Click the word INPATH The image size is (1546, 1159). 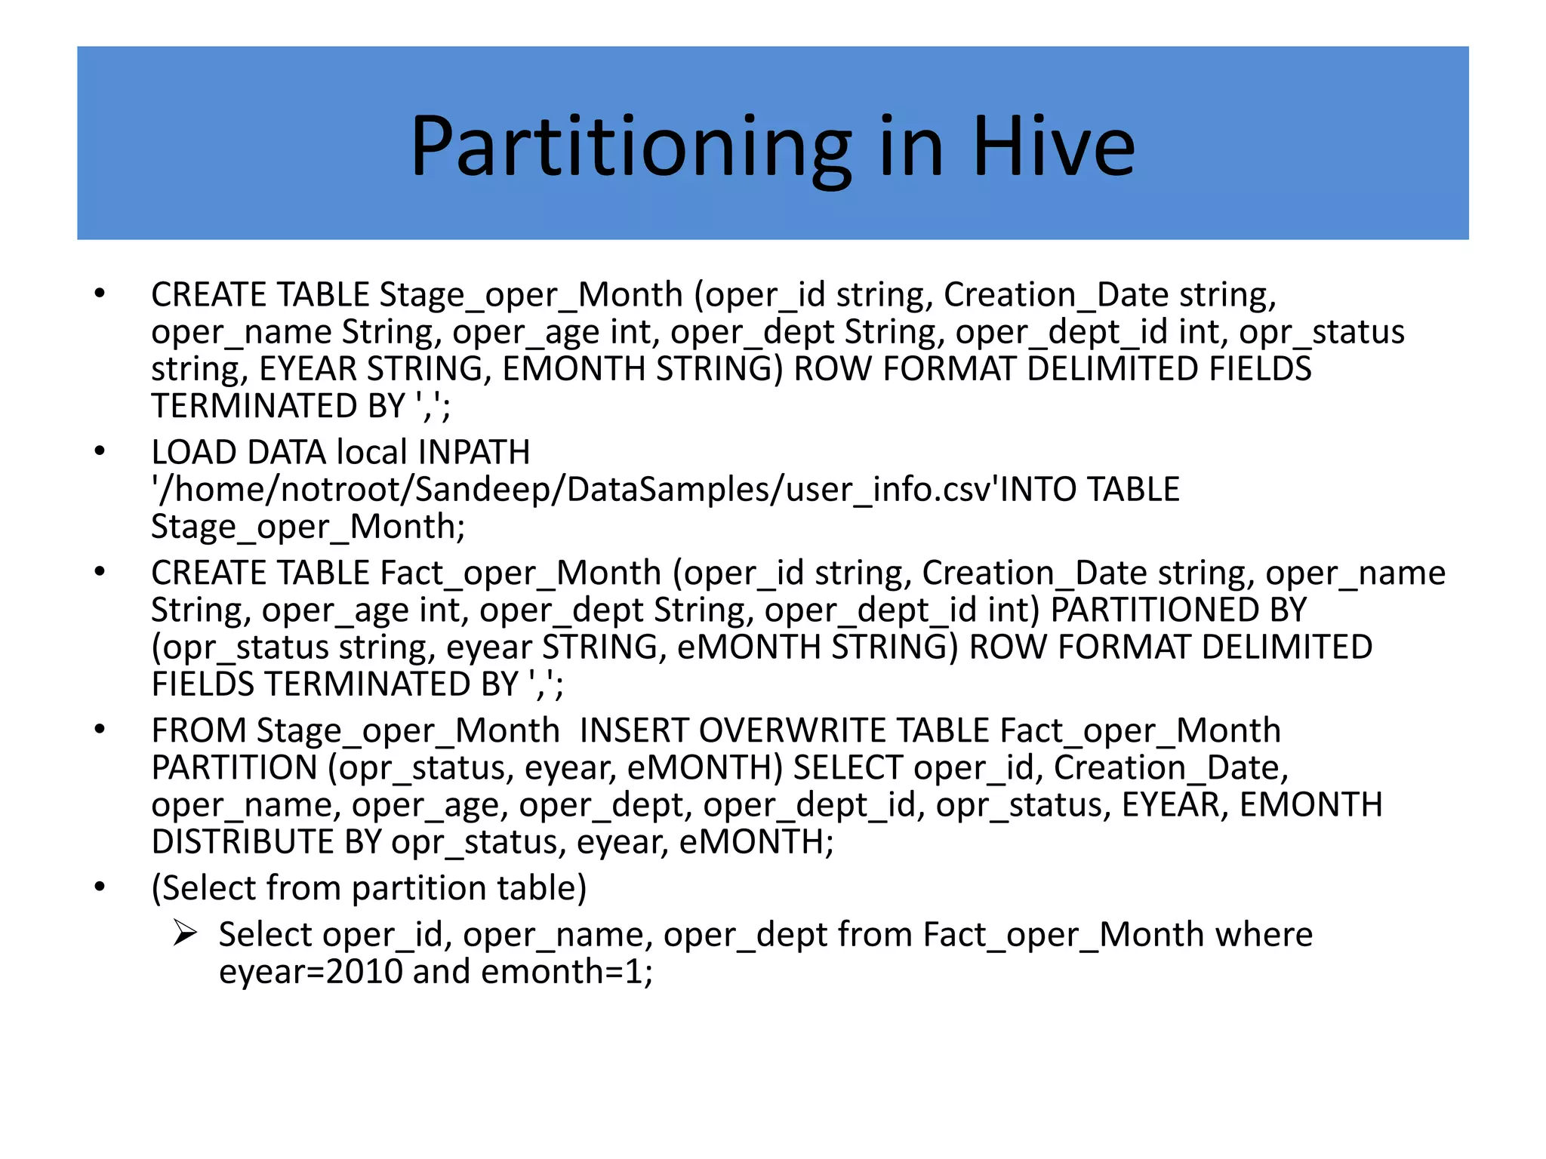click(x=474, y=453)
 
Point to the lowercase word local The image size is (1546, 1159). click(x=371, y=453)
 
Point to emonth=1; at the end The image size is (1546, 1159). click(x=566, y=972)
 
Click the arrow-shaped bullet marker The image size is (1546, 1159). click(x=185, y=933)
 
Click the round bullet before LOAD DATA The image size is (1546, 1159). click(x=100, y=451)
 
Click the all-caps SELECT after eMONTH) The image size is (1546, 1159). click(x=847, y=768)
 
